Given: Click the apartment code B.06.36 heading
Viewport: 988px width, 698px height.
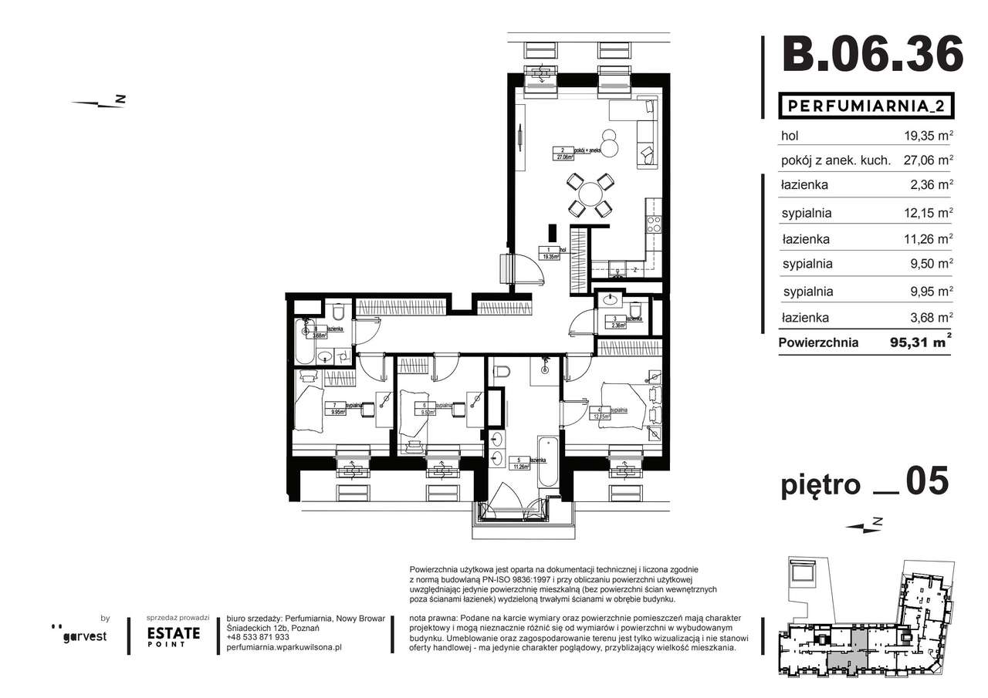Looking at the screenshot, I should click(x=872, y=54).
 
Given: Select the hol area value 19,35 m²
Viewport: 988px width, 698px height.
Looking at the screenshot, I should click(x=929, y=135).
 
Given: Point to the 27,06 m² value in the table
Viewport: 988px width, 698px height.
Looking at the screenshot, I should click(x=929, y=160).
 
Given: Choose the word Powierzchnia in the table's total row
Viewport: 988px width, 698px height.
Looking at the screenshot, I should click(x=818, y=343).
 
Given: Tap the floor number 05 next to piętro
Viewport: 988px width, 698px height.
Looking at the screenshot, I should click(x=926, y=482).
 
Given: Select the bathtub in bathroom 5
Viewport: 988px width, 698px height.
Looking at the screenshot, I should click(x=547, y=461).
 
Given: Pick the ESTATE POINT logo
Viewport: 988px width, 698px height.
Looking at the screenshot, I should click(x=174, y=636).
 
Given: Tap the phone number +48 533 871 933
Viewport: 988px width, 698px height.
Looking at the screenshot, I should click(x=259, y=637).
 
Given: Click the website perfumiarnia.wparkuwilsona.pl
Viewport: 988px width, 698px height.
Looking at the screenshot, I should click(x=284, y=648).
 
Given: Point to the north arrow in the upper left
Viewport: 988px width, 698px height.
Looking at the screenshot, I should click(x=98, y=103).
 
